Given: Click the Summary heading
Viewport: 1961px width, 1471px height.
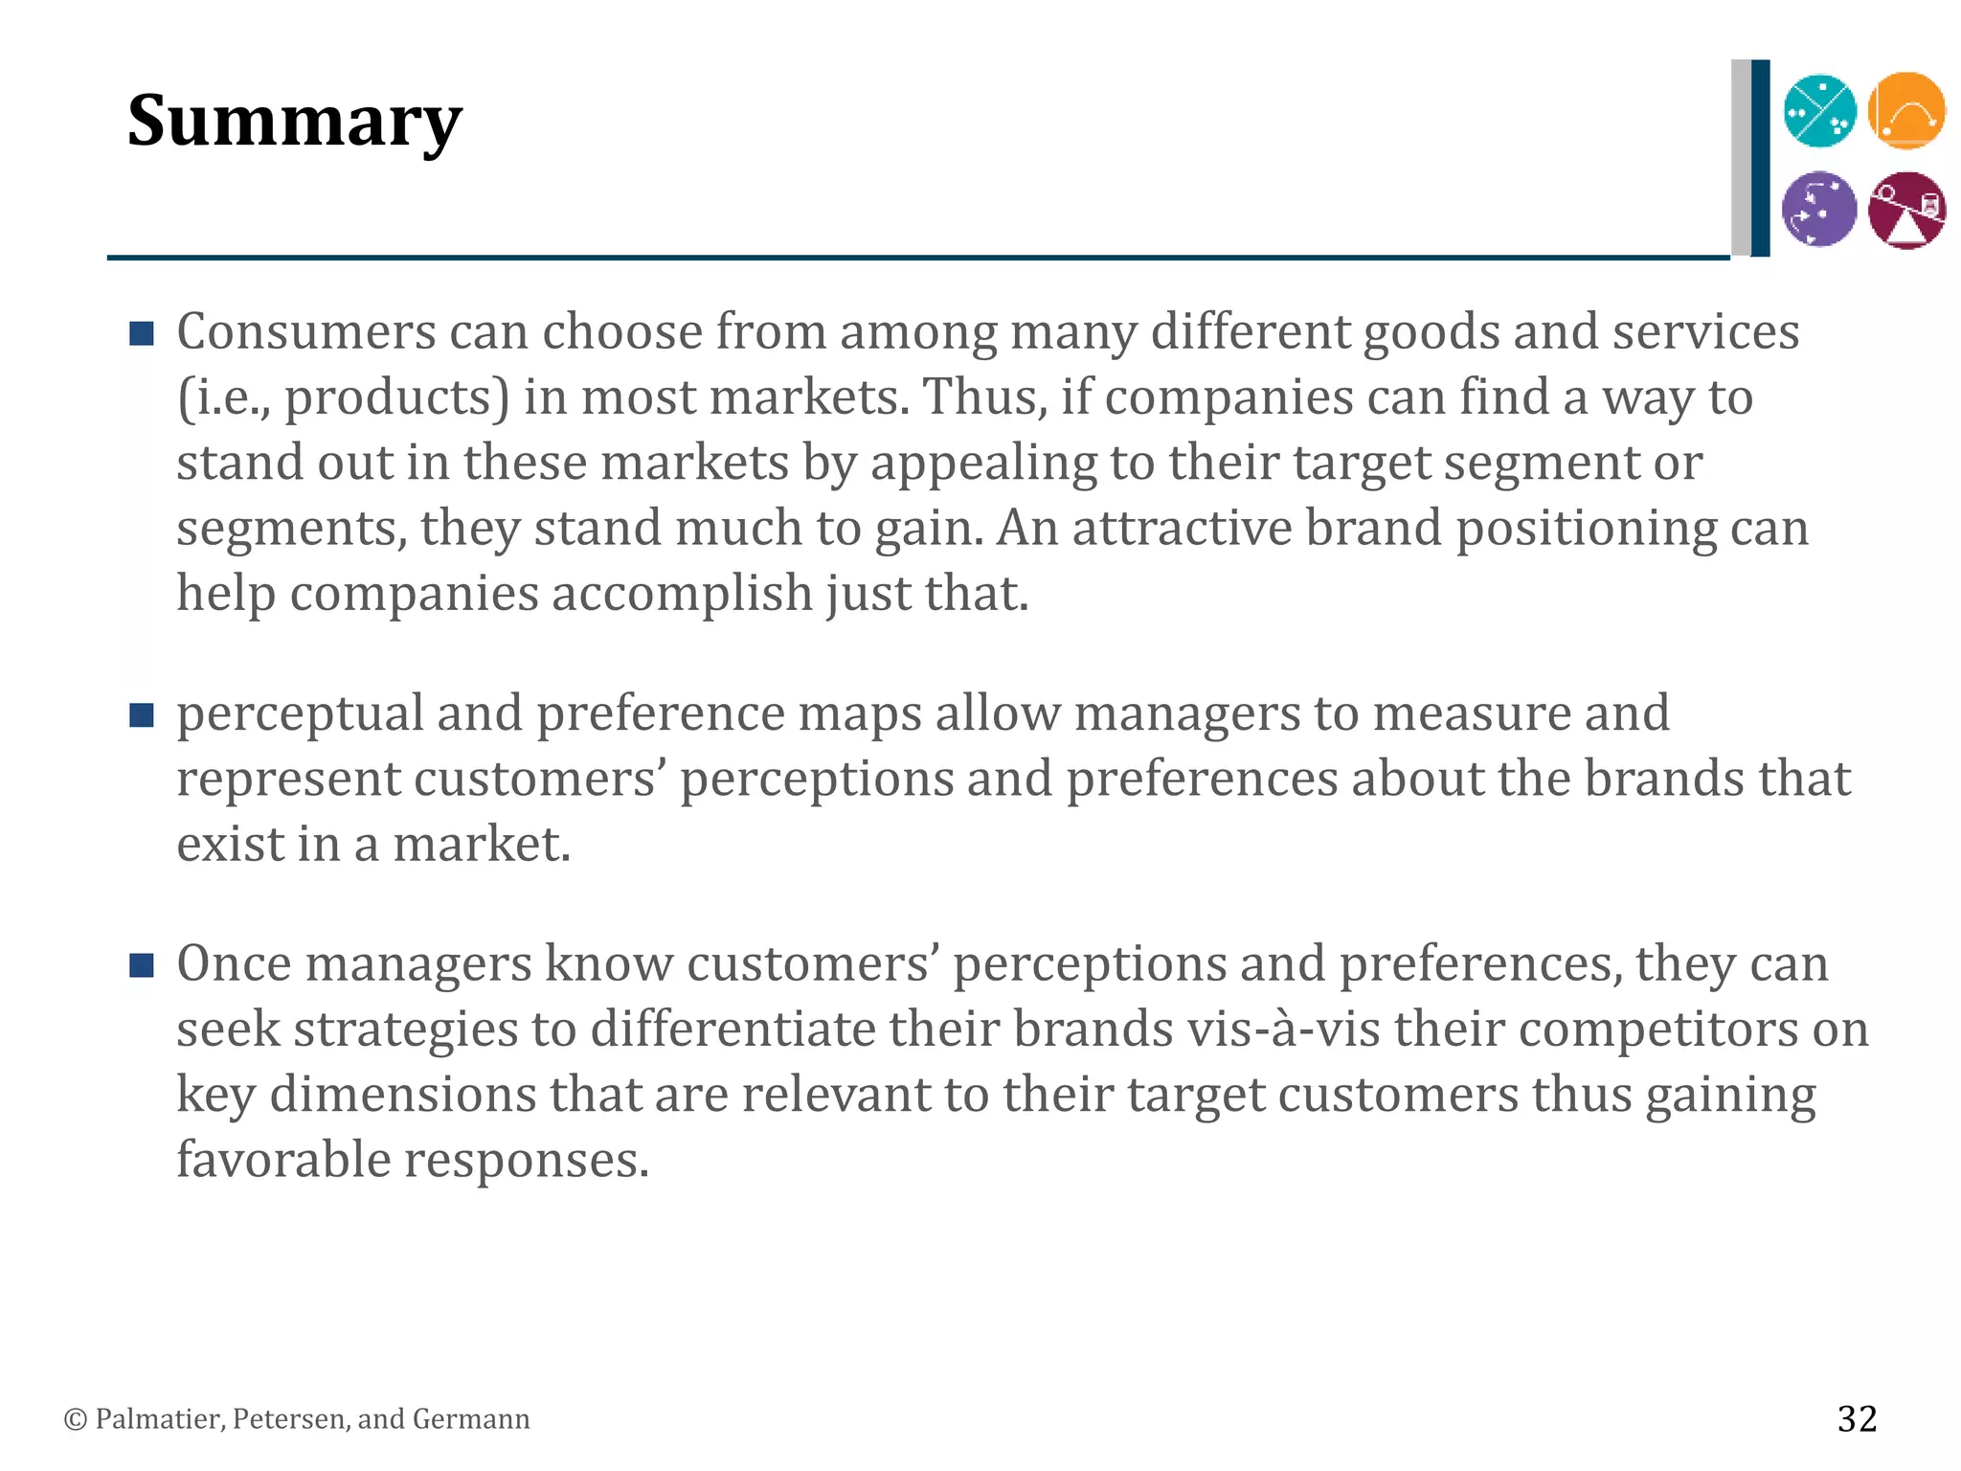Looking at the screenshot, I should coord(294,122).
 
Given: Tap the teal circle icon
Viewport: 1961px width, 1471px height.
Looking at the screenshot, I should coord(1819,111).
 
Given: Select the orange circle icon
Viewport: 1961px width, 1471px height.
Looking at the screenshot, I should coord(1906,111).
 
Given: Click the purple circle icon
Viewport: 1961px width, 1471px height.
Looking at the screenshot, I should coord(1819,209).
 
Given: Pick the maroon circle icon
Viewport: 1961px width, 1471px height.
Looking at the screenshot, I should coord(1906,210).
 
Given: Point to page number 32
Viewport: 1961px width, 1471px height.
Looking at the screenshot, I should coord(1857,1418).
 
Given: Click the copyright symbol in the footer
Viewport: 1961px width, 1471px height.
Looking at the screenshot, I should coord(75,1419).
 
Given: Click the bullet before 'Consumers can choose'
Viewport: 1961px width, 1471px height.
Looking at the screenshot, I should coord(142,333).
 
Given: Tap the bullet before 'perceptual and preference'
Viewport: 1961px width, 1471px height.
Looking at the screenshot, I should coord(142,714).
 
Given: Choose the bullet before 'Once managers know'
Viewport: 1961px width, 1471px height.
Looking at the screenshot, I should coord(142,965).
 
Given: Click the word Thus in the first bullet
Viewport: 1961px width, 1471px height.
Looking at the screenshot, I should coord(983,397).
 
